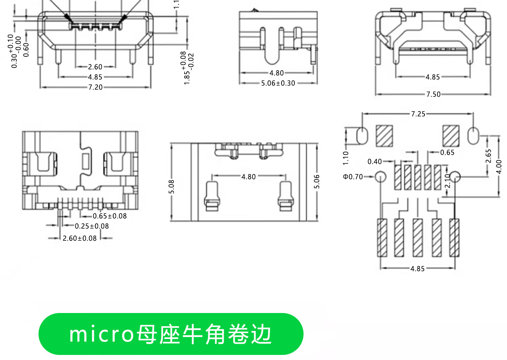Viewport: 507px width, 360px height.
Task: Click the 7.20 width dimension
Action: click(x=95, y=87)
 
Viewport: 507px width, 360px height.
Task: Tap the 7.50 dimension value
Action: click(x=433, y=94)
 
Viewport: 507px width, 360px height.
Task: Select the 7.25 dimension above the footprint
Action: click(x=418, y=114)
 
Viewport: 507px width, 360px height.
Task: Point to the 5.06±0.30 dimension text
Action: click(x=278, y=83)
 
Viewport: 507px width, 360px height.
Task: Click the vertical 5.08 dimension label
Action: click(x=171, y=187)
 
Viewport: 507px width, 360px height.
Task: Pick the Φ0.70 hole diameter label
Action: click(x=353, y=177)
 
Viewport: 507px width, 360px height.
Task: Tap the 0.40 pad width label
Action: click(x=375, y=162)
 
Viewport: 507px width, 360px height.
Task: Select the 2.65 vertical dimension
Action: click(x=488, y=156)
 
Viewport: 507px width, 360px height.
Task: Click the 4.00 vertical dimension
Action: click(x=499, y=167)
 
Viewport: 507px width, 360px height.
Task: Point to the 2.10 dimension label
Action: click(x=448, y=181)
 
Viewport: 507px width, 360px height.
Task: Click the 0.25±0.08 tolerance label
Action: click(x=92, y=226)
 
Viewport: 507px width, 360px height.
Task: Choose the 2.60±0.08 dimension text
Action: click(x=80, y=238)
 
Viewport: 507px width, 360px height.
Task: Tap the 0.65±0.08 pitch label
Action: click(x=110, y=216)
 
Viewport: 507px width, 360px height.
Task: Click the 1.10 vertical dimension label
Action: click(x=345, y=158)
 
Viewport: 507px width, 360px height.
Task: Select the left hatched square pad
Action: click(x=384, y=136)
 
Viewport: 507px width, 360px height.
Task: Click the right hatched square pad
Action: click(x=451, y=136)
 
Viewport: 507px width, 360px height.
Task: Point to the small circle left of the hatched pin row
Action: click(x=381, y=177)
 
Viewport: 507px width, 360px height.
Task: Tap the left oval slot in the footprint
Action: click(x=362, y=136)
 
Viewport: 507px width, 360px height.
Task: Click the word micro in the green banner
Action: click(x=101, y=334)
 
